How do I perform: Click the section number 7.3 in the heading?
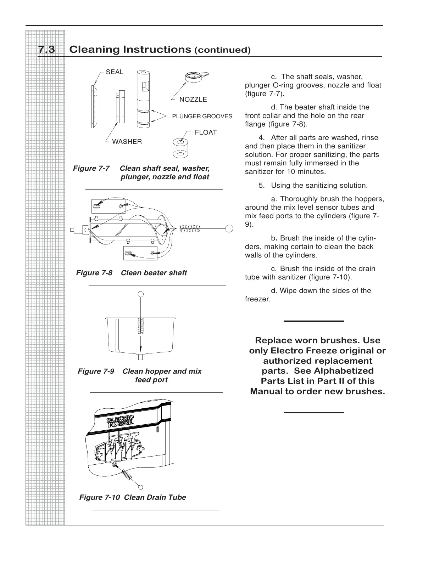pos(46,50)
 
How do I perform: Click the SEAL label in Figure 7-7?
pos(115,72)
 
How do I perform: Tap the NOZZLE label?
pos(193,100)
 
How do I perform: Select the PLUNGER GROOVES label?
pos(202,116)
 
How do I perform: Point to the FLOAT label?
pos(206,132)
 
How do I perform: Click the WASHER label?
pos(127,142)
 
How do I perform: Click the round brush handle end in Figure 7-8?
pos(229,228)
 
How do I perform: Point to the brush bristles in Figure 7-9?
pos(141,326)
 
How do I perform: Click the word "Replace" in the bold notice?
pos(272,341)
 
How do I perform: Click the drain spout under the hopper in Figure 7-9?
pos(141,357)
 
